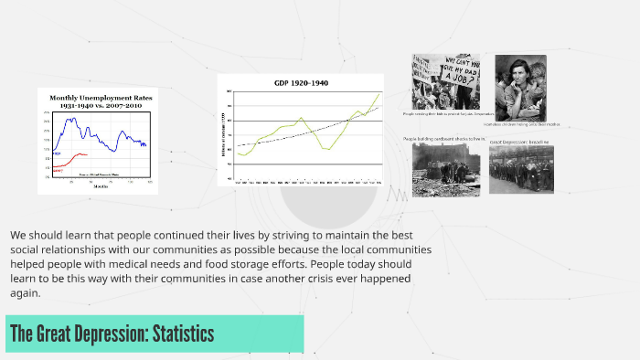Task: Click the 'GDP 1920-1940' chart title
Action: pyautogui.click(x=301, y=83)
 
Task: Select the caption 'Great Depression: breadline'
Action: pyautogui.click(x=520, y=143)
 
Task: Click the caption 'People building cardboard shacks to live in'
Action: pyautogui.click(x=444, y=140)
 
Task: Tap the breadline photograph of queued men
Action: pyautogui.click(x=520, y=170)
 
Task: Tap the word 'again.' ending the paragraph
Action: pyautogui.click(x=26, y=293)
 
